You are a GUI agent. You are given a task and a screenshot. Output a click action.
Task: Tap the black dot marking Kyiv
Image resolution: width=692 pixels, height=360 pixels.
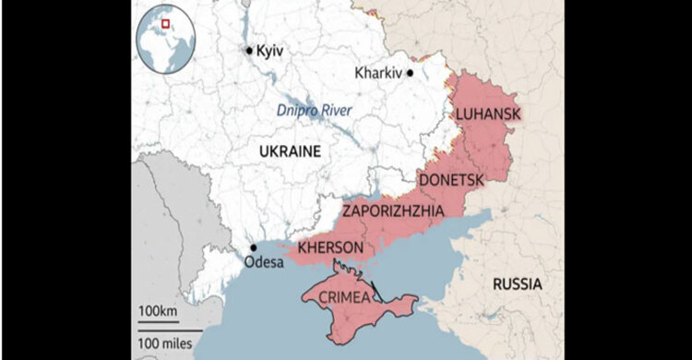pos(249,50)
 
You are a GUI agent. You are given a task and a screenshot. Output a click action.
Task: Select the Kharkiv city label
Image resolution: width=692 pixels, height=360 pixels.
pos(378,72)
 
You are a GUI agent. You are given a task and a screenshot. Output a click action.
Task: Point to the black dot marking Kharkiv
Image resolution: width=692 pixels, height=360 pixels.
pos(411,72)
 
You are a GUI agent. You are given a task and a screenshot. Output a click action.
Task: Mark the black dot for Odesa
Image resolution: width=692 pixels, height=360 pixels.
pos(253,247)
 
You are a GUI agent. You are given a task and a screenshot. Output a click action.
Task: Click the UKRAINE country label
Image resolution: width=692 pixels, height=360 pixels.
pos(288,151)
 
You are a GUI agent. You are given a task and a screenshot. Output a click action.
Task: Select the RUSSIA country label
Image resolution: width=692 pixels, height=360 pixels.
pos(517,282)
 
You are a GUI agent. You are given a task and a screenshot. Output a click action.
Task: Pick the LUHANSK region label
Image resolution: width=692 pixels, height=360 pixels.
pos(488,114)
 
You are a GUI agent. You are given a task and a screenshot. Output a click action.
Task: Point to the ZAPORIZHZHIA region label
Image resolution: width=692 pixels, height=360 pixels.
pos(393,211)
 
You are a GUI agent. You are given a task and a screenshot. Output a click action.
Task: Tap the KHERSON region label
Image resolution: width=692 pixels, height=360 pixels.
pos(330,248)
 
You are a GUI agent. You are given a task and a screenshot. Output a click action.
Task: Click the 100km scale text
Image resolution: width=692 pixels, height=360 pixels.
pos(158,311)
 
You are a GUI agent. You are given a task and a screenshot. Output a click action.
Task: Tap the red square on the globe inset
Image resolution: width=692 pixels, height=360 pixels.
pos(166,24)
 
